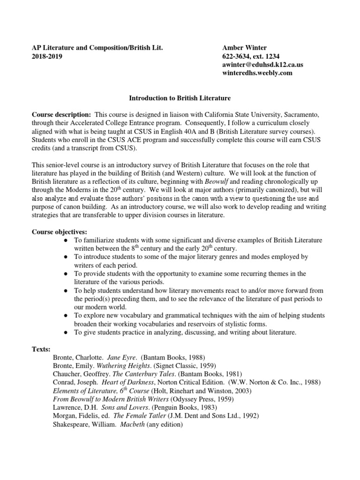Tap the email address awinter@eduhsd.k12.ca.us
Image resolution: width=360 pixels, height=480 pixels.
[262, 65]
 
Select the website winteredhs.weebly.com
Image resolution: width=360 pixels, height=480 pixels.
[257, 73]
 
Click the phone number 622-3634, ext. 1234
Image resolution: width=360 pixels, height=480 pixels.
[251, 57]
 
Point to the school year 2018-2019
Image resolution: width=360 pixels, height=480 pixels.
[46, 57]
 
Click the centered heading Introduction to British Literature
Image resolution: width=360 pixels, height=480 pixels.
[180, 98]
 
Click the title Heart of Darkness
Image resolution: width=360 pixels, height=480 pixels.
[125, 382]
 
